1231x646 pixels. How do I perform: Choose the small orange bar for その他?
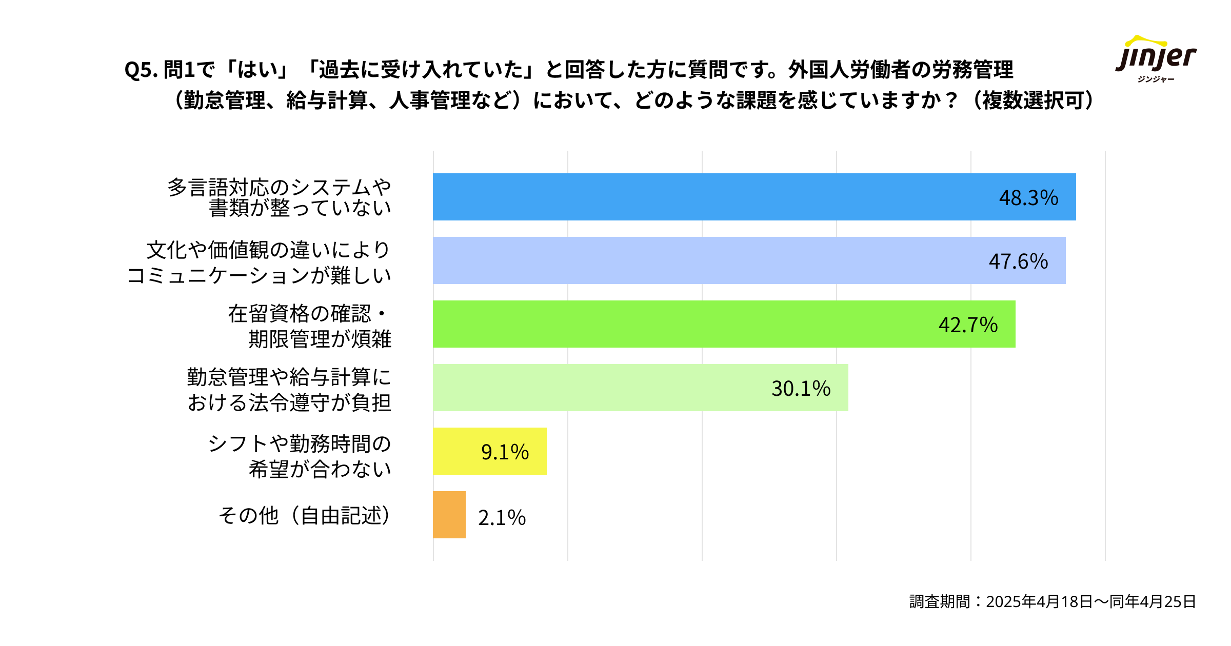pyautogui.click(x=449, y=515)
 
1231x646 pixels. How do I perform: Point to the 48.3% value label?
pyautogui.click(x=1028, y=198)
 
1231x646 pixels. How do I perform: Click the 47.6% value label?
pyautogui.click(x=1018, y=261)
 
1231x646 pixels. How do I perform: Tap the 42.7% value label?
pyautogui.click(x=968, y=325)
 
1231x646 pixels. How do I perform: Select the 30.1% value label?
pyautogui.click(x=801, y=389)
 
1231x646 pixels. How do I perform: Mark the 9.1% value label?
pyautogui.click(x=505, y=452)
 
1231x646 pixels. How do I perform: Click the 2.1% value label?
pyautogui.click(x=502, y=518)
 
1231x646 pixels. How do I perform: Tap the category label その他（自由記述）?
pyautogui.click(x=305, y=516)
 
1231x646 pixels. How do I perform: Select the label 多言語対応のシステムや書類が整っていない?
pyautogui.click(x=280, y=197)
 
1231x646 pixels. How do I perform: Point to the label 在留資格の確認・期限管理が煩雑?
pyautogui.click(x=309, y=326)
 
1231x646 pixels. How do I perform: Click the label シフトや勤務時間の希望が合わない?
pyautogui.click(x=300, y=456)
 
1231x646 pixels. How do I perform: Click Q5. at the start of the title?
pyautogui.click(x=141, y=70)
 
